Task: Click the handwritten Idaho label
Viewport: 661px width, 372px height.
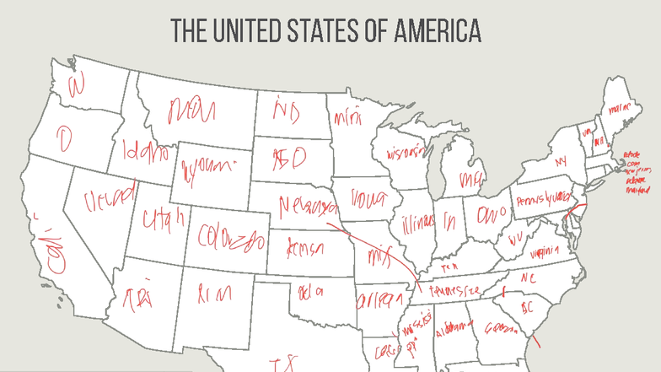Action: point(144,152)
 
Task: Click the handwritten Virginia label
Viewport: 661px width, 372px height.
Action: point(545,251)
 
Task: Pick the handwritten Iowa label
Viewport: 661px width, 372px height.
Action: point(366,201)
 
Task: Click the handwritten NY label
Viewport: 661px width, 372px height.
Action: point(561,160)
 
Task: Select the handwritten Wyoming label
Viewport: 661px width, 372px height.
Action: point(207,166)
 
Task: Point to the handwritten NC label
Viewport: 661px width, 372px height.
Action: point(528,278)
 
